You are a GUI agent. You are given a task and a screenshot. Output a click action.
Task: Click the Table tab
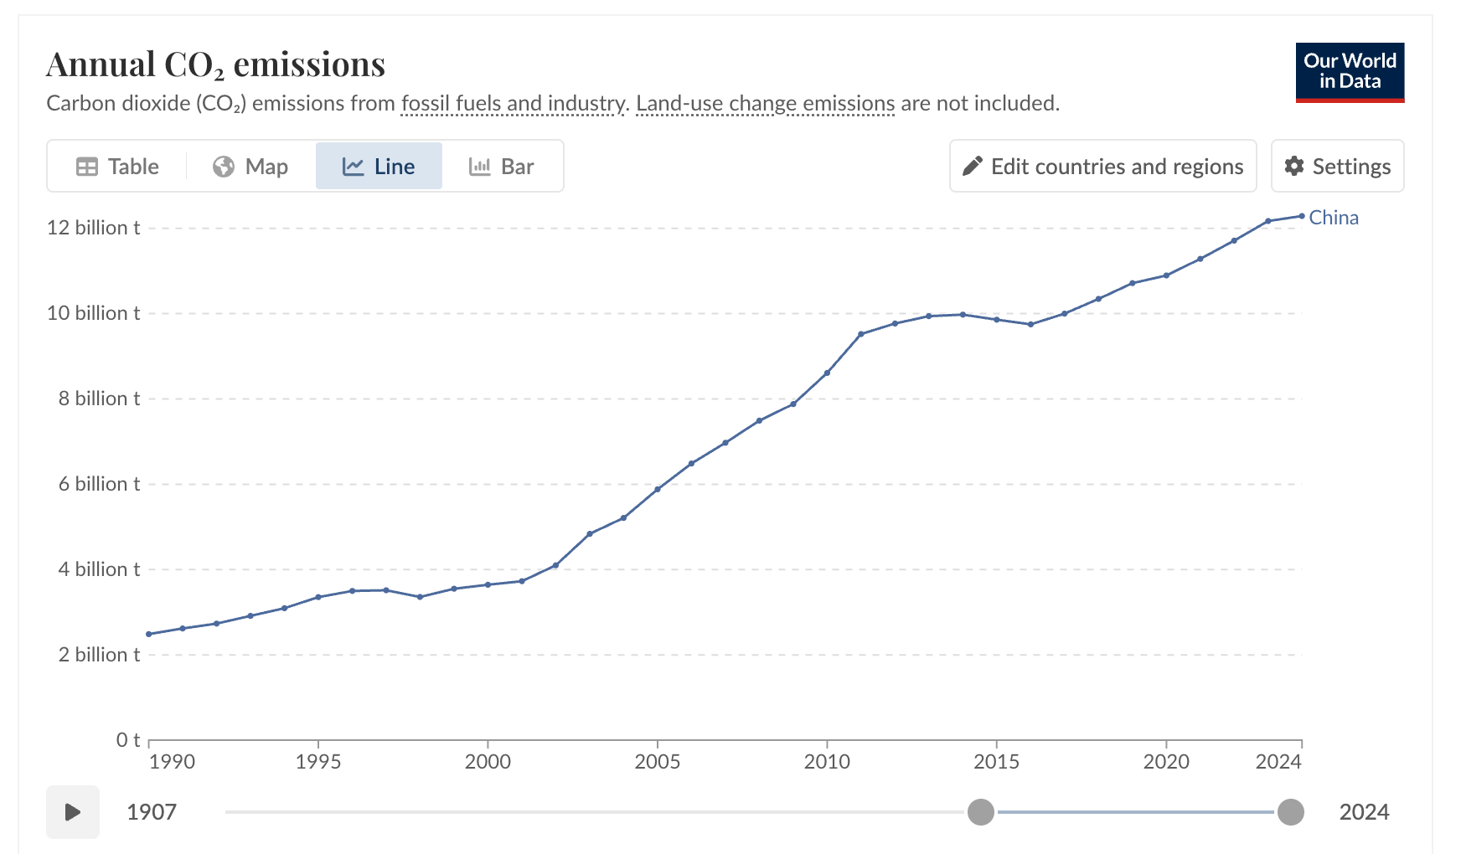click(117, 167)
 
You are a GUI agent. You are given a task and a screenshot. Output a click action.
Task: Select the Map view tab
click(250, 167)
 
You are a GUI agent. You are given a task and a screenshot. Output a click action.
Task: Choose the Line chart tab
click(379, 167)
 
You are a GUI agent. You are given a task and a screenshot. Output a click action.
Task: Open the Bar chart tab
click(501, 167)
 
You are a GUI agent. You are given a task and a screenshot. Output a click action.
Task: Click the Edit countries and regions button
click(1102, 167)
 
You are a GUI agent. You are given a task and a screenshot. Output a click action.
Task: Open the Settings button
click(1337, 167)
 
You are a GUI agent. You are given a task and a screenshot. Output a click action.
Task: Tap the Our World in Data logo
click(1350, 72)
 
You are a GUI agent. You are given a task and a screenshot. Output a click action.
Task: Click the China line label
click(1334, 218)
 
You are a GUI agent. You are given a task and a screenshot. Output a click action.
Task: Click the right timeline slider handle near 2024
click(1290, 811)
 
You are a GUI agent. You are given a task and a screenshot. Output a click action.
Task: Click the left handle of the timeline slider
click(980, 811)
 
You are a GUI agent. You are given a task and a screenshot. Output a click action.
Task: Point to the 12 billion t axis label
click(93, 228)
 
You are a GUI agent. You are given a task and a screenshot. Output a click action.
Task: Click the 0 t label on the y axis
click(128, 740)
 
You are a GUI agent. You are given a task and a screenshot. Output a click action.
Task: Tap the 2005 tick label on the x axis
click(658, 762)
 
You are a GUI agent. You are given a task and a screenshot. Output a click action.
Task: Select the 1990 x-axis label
click(172, 762)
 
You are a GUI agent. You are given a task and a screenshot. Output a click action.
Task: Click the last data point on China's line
click(1302, 216)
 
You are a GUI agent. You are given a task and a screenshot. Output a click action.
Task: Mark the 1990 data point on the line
click(149, 634)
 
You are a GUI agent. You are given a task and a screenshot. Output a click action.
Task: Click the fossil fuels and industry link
click(513, 104)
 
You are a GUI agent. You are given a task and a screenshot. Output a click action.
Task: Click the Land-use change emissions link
click(765, 104)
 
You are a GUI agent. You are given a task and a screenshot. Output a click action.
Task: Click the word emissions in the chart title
click(309, 64)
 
